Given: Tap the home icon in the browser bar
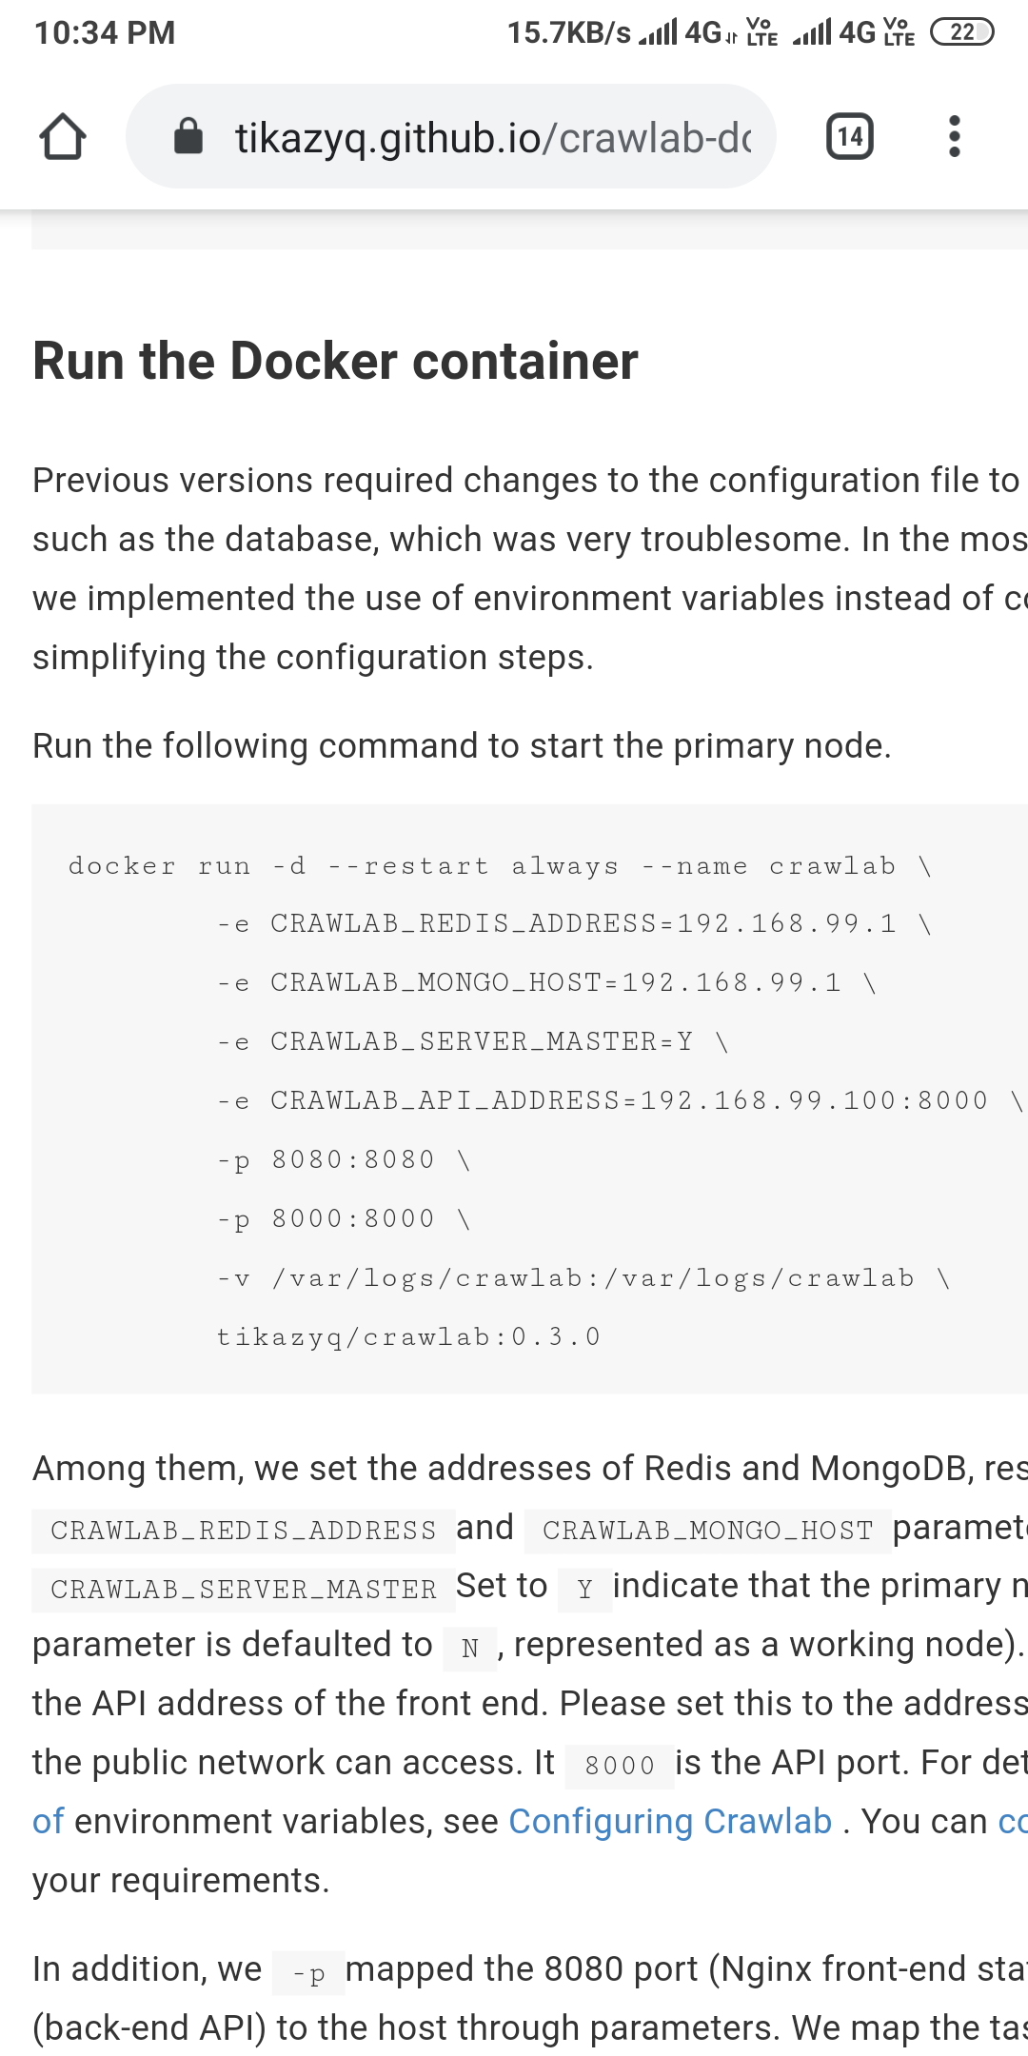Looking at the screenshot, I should click(63, 136).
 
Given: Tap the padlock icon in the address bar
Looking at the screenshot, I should click(188, 136).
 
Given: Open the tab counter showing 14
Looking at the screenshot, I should click(849, 136).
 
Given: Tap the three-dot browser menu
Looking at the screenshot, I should click(954, 136).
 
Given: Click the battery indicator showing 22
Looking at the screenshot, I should click(961, 32).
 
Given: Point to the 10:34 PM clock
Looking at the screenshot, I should click(105, 33).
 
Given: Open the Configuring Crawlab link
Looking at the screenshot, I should click(670, 1821).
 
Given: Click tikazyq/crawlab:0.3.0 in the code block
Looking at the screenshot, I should click(408, 1337).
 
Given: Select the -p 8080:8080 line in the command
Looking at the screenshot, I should click(342, 1160).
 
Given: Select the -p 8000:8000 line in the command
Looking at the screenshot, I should click(342, 1219).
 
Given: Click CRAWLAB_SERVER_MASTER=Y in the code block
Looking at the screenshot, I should click(482, 1042).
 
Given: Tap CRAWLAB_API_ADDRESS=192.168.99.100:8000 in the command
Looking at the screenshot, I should click(629, 1101).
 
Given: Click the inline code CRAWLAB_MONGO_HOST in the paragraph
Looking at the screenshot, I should click(707, 1530).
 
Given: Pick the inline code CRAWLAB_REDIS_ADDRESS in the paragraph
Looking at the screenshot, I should click(243, 1530).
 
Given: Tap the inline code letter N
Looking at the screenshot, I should click(469, 1648).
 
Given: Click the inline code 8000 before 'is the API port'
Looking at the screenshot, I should click(620, 1766).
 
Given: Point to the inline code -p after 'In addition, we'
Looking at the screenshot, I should click(308, 1973).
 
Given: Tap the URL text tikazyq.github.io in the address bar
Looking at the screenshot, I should click(387, 138).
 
